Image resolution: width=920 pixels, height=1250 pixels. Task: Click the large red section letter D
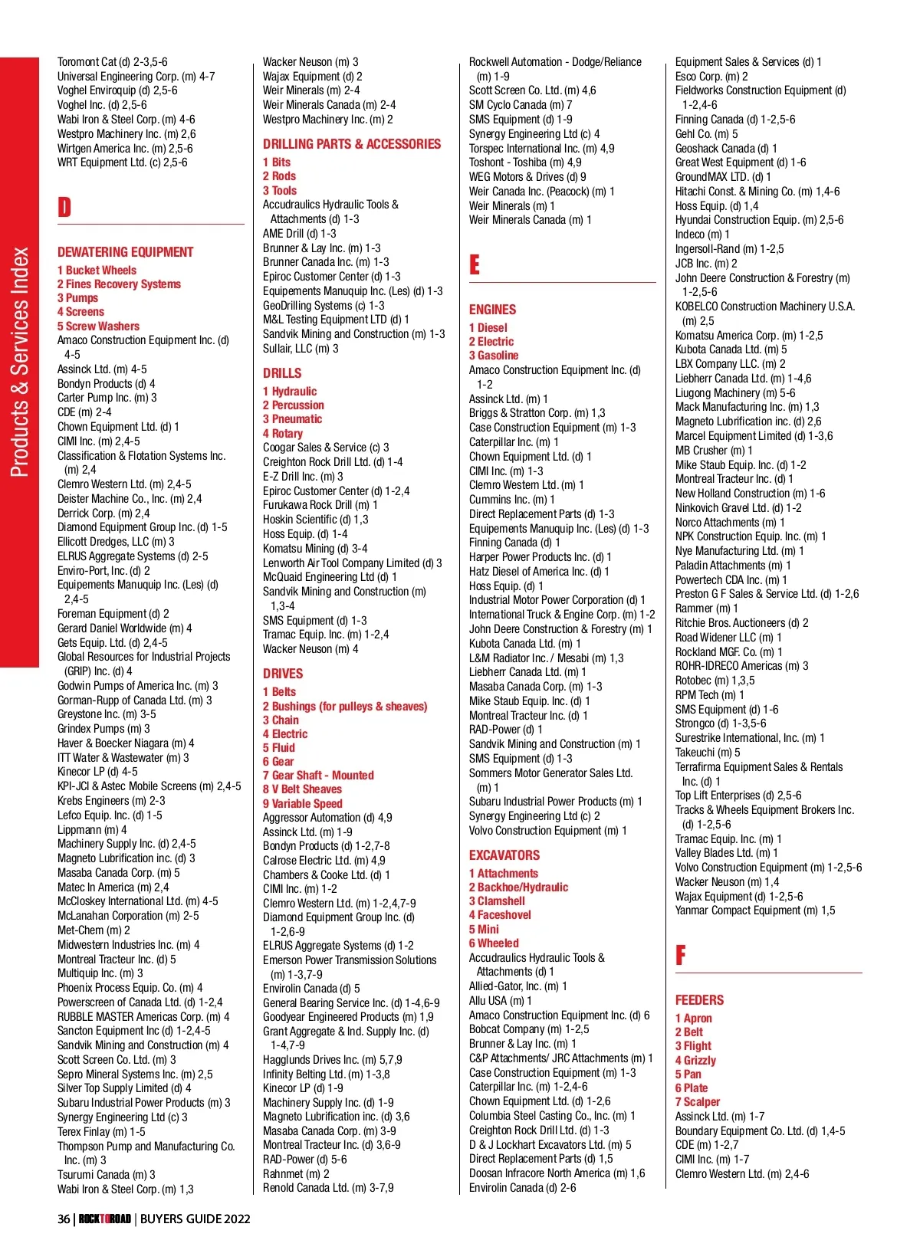[x=64, y=207]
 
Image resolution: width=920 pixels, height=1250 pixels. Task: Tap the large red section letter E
[x=475, y=265]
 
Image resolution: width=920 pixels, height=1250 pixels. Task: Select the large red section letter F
[x=680, y=955]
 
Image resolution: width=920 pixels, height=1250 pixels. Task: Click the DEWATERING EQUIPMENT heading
[x=125, y=252]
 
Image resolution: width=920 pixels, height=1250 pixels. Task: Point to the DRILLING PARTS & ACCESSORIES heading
[x=352, y=144]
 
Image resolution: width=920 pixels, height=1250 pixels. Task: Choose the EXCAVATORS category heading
[x=504, y=855]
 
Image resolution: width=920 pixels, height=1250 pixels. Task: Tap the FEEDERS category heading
[x=699, y=1000]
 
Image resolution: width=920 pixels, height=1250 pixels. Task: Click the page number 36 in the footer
[x=64, y=1219]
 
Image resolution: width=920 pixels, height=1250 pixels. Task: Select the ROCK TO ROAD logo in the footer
[x=105, y=1219]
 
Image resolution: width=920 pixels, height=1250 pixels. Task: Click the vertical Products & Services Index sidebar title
[x=20, y=362]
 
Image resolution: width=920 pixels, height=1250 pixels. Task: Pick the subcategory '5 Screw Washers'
[x=98, y=326]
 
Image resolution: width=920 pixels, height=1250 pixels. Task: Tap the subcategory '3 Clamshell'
[x=497, y=901]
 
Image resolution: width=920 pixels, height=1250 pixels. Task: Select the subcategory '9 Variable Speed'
[x=303, y=804]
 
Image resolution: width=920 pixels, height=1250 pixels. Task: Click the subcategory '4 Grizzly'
[x=695, y=1061]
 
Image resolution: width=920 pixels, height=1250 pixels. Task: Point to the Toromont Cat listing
[x=112, y=62]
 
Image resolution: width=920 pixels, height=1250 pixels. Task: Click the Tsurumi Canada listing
[x=106, y=1175]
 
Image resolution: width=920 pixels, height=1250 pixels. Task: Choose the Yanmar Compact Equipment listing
[x=754, y=910]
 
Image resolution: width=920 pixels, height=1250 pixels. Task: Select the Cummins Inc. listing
[x=511, y=500]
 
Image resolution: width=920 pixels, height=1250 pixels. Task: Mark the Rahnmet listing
[x=296, y=1174]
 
